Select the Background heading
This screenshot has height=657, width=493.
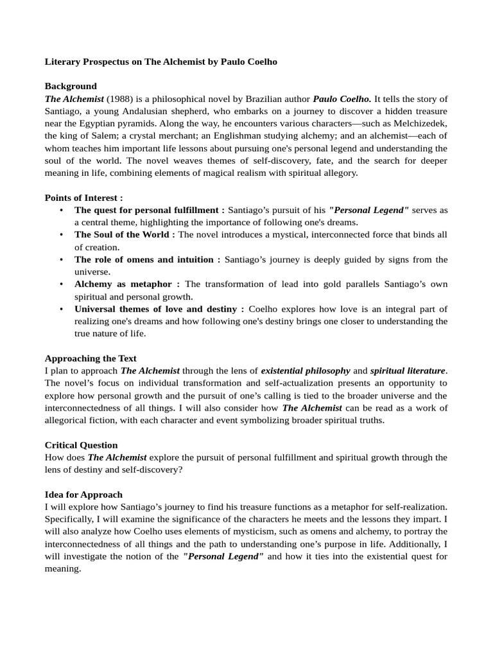71,86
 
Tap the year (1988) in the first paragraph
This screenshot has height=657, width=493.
119,99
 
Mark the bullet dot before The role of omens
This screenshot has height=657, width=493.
61,260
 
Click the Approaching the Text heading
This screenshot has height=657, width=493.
91,358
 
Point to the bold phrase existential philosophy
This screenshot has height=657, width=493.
306,371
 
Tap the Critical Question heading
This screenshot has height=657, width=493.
81,445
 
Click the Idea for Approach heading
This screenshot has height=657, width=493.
83,495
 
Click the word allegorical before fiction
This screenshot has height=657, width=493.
67,420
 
